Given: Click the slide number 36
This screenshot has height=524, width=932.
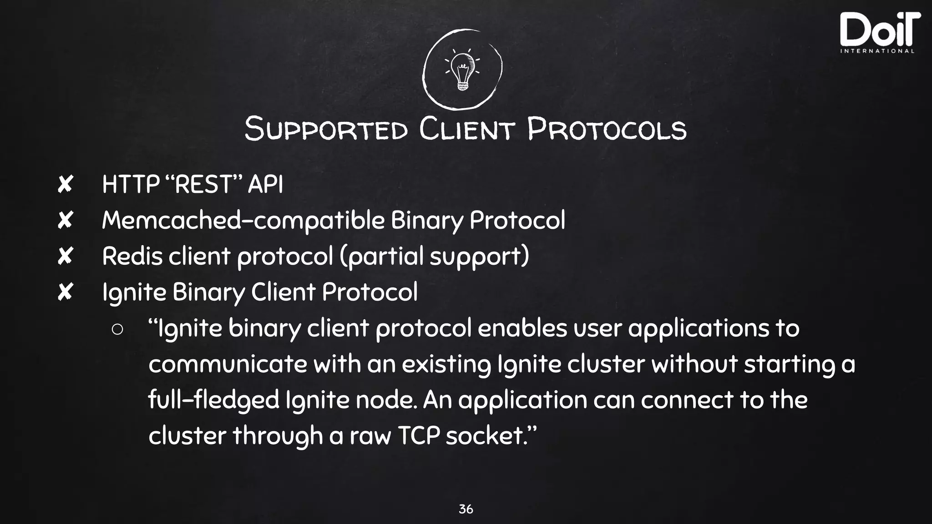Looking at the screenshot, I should (x=466, y=509).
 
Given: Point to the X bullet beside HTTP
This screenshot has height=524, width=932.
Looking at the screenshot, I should (x=65, y=185).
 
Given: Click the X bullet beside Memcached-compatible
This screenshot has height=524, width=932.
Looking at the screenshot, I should (x=65, y=221).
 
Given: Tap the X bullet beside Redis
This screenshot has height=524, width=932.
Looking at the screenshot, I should (x=65, y=256).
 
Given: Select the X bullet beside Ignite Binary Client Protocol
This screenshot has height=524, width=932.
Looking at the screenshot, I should (x=65, y=292).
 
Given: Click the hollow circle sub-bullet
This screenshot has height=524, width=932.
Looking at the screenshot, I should (x=117, y=329).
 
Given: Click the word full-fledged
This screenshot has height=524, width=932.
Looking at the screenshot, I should (x=213, y=400).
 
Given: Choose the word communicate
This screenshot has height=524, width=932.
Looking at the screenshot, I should (x=228, y=364).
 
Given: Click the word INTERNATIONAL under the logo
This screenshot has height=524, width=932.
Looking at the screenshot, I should (x=877, y=51).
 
